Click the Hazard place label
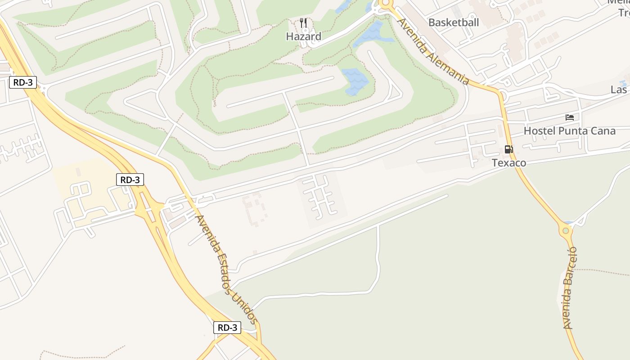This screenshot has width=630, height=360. click(304, 36)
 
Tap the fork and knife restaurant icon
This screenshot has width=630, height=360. click(304, 22)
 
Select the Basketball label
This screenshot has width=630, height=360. click(454, 22)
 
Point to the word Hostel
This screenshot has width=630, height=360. click(539, 131)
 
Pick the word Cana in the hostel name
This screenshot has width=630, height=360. click(603, 131)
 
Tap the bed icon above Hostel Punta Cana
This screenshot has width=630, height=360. click(570, 117)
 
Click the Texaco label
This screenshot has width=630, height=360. click(509, 162)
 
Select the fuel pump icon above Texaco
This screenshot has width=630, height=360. click(508, 149)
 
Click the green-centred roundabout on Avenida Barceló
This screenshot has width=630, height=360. click(566, 230)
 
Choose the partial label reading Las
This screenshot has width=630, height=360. click(619, 90)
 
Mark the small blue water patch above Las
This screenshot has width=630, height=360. click(623, 83)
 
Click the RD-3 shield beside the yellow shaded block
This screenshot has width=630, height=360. click(130, 180)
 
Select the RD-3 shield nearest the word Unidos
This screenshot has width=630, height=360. click(227, 328)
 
